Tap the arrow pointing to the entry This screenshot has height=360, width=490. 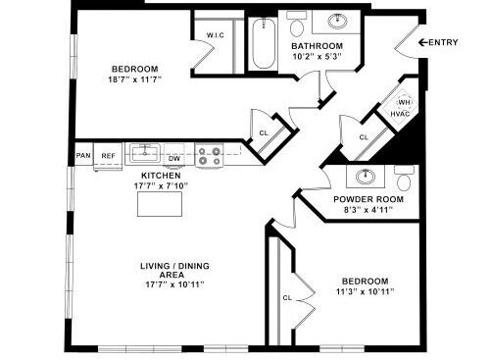[422, 41]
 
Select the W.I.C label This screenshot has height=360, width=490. [216, 35]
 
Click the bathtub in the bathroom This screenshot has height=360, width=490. [262, 44]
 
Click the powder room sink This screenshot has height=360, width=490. [366, 177]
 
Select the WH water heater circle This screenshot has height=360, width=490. [402, 101]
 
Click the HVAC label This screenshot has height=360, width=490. [400, 114]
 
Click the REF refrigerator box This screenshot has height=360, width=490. [108, 156]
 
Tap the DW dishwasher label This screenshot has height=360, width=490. [174, 157]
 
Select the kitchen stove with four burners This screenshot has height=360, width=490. [208, 152]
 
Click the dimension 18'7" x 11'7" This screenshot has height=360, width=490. [134, 78]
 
